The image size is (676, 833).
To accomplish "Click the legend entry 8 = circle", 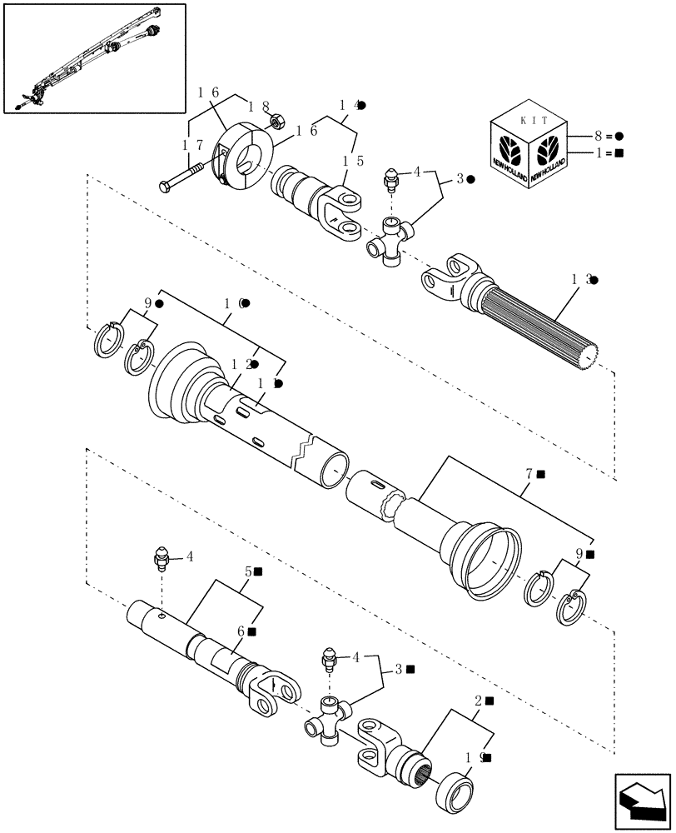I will coord(608,134).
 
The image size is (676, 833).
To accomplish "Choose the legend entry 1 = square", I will coord(608,153).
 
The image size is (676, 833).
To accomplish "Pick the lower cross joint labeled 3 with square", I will coord(329,718).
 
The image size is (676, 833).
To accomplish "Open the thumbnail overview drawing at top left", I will coord(94,57).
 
